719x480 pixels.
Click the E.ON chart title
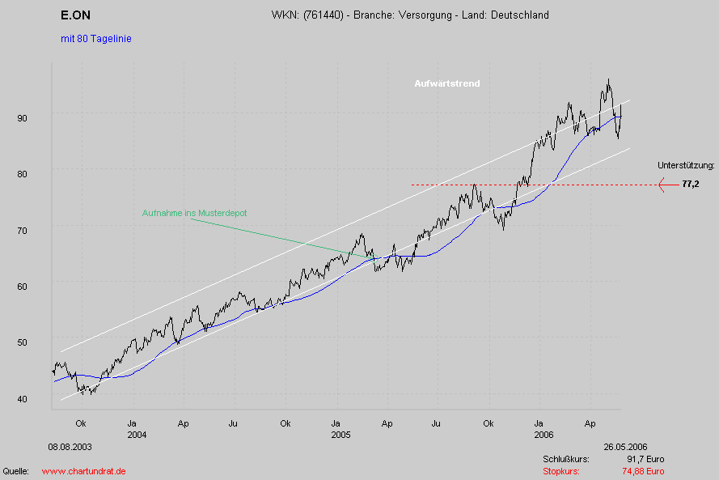[x=75, y=15]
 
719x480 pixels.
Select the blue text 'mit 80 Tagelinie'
[x=95, y=39]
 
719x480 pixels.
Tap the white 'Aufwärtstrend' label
[x=446, y=83]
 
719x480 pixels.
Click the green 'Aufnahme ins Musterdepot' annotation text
[x=194, y=213]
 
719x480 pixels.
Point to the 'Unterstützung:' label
[x=686, y=165]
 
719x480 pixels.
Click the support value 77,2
[x=690, y=185]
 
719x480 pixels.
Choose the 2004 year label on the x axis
[x=136, y=435]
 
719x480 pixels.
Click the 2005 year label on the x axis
[x=339, y=435]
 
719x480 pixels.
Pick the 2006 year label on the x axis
[x=543, y=435]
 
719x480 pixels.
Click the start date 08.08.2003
[x=70, y=447]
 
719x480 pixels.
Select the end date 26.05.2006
[x=624, y=447]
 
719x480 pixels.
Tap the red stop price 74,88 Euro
[x=643, y=471]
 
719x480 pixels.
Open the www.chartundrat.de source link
[x=83, y=471]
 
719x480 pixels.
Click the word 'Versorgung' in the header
[x=427, y=15]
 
